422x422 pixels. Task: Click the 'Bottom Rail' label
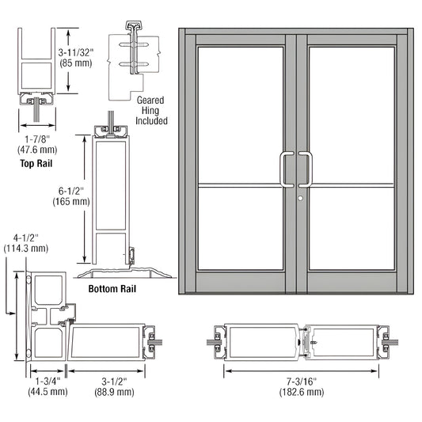point(113,289)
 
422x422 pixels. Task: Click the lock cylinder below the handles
point(302,196)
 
